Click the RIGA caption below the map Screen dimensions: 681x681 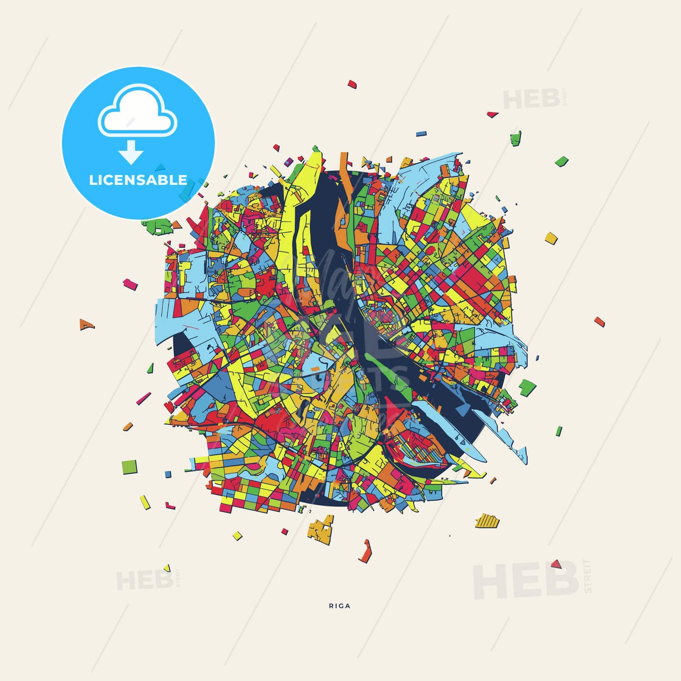tap(340, 606)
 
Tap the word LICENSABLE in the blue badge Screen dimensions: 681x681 tap(138, 180)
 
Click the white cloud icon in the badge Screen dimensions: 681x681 tap(137, 113)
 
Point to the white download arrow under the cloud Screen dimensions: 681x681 tap(131, 152)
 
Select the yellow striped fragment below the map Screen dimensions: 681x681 tap(487, 521)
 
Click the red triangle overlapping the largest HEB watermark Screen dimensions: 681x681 tap(556, 564)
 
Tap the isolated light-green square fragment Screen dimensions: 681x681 tap(129, 467)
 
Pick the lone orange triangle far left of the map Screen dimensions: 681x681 tap(86, 324)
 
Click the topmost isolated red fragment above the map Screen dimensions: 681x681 tap(352, 85)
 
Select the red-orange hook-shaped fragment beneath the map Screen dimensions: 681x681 tap(366, 551)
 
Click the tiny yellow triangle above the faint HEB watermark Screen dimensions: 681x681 tap(166, 567)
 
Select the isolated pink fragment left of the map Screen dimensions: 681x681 tap(130, 284)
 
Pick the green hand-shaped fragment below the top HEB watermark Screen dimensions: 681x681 tap(515, 139)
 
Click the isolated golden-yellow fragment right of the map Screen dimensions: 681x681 tap(551, 237)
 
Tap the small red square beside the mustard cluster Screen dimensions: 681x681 tap(284, 532)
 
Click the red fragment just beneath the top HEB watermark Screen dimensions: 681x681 tap(492, 114)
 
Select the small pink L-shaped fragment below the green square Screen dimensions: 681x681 tap(170, 506)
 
